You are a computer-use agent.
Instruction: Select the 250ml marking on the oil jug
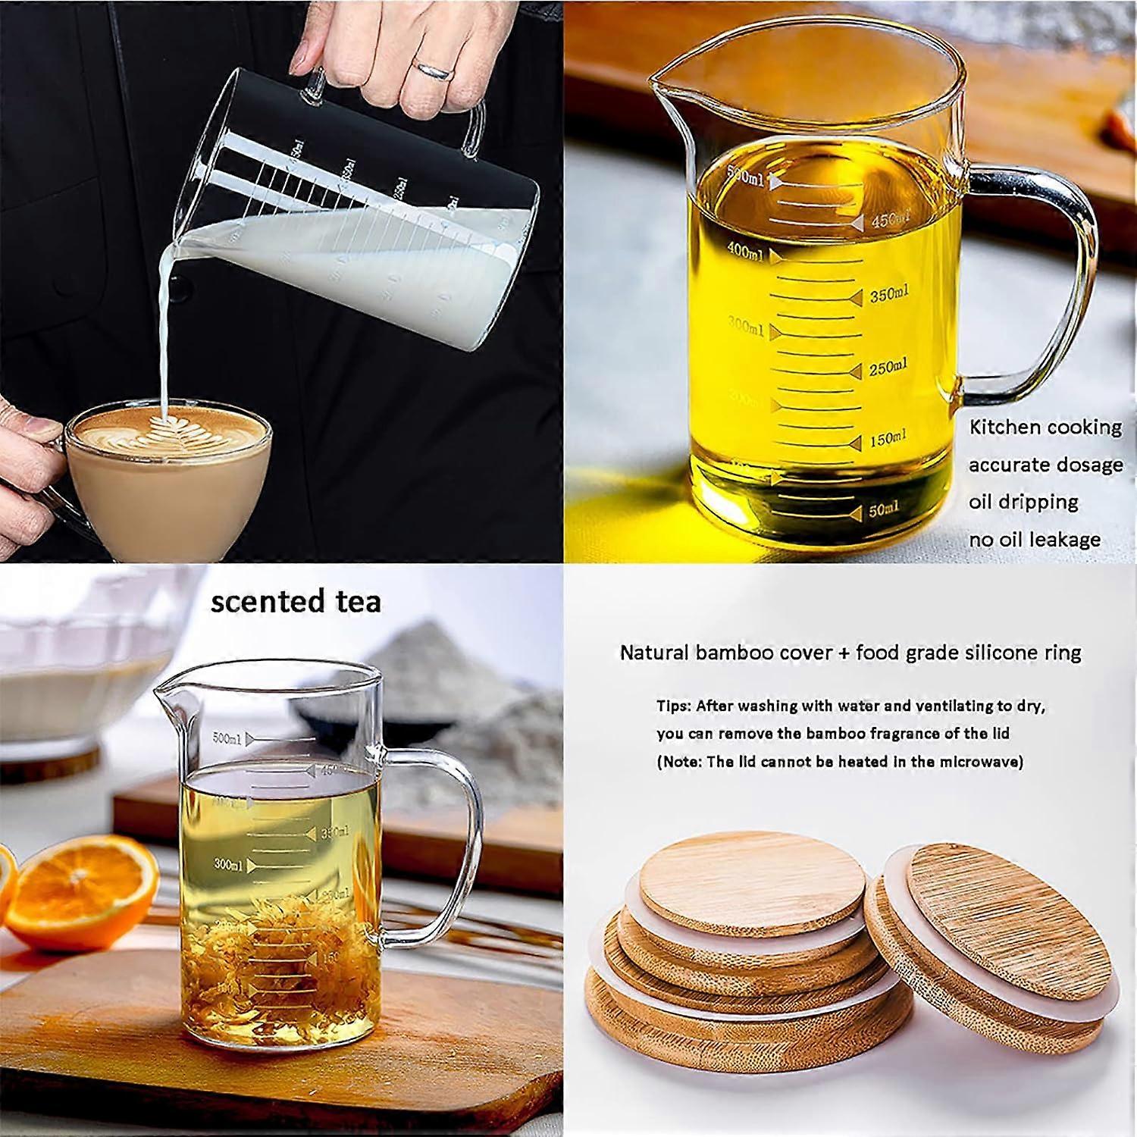coord(887,368)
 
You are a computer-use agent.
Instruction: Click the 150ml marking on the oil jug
coord(887,440)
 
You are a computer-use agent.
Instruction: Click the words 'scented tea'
coord(296,602)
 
